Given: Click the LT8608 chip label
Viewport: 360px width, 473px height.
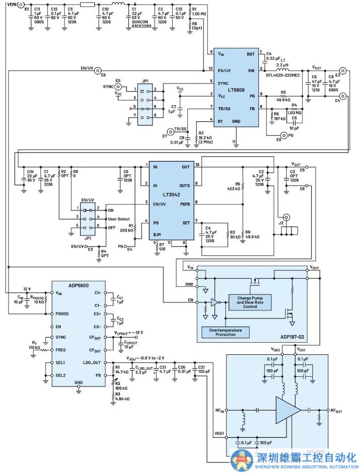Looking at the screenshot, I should (x=237, y=91).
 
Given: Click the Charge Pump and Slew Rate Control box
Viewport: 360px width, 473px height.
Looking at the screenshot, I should (x=250, y=301).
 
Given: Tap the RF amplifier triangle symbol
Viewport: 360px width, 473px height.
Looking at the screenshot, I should (x=288, y=410).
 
